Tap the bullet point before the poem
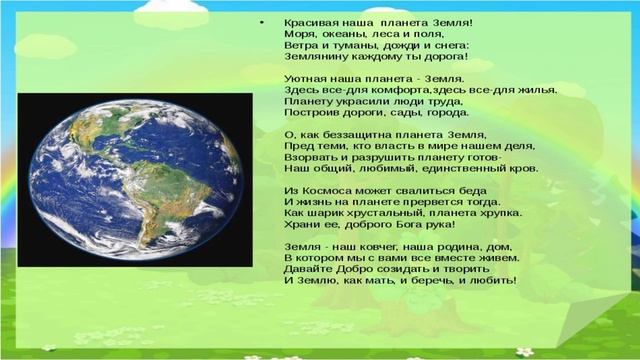[x=261, y=20]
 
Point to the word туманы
[x=353, y=46]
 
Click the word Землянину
[x=314, y=59]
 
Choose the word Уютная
[x=305, y=77]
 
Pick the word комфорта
[x=405, y=89]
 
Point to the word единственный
[x=446, y=172]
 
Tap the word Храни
[x=301, y=228]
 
